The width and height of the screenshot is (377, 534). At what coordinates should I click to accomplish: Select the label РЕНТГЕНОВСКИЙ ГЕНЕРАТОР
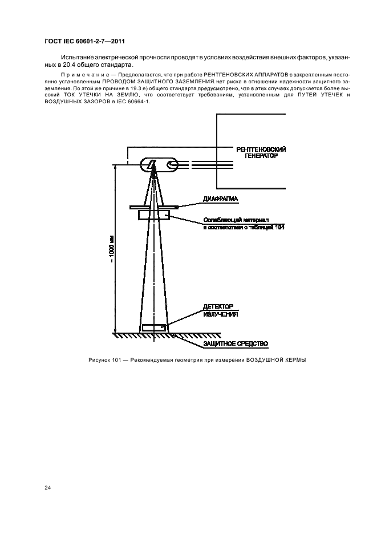(261, 152)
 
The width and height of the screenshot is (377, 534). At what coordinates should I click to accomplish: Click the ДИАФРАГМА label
(220, 199)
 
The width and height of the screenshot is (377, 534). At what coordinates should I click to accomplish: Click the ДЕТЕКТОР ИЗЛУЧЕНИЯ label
(220, 310)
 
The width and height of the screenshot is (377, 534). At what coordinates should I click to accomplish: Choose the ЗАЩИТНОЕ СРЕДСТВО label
(235, 343)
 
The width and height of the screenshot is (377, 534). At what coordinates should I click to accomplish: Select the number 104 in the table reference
(279, 226)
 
